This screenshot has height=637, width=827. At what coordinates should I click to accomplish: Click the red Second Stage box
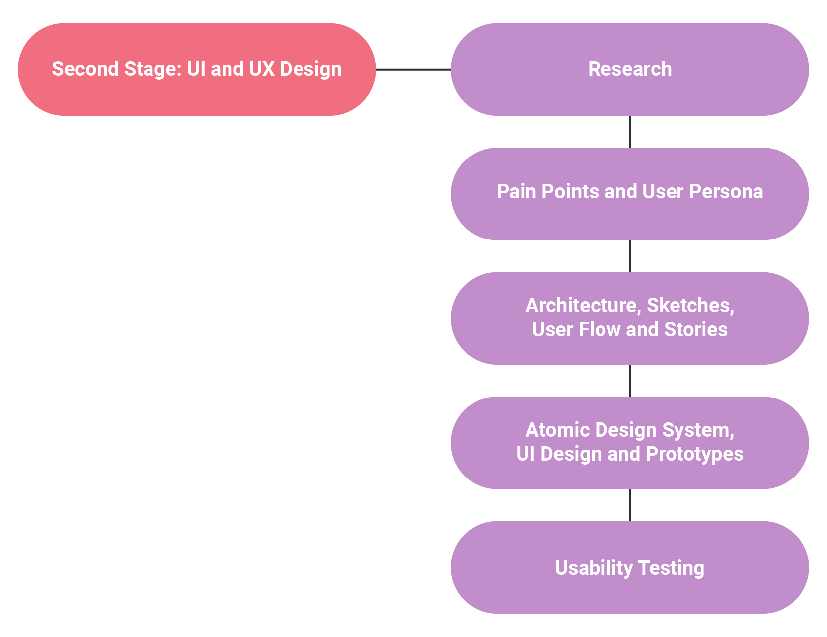tap(197, 70)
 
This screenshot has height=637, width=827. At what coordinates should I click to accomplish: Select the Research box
tap(630, 70)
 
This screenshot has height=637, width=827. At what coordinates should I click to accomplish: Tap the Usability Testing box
tap(630, 567)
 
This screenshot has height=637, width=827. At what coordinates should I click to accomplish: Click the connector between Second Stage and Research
tap(413, 70)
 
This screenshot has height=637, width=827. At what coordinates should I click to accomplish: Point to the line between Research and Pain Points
tap(630, 132)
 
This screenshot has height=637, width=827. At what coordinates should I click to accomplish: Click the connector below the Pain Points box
tap(630, 256)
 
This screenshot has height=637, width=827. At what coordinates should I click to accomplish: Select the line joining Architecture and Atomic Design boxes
tap(630, 381)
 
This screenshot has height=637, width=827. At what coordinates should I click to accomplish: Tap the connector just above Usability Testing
tap(630, 505)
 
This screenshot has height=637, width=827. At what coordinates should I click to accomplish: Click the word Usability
tap(594, 568)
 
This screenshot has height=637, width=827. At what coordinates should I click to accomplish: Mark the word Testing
tap(671, 568)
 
